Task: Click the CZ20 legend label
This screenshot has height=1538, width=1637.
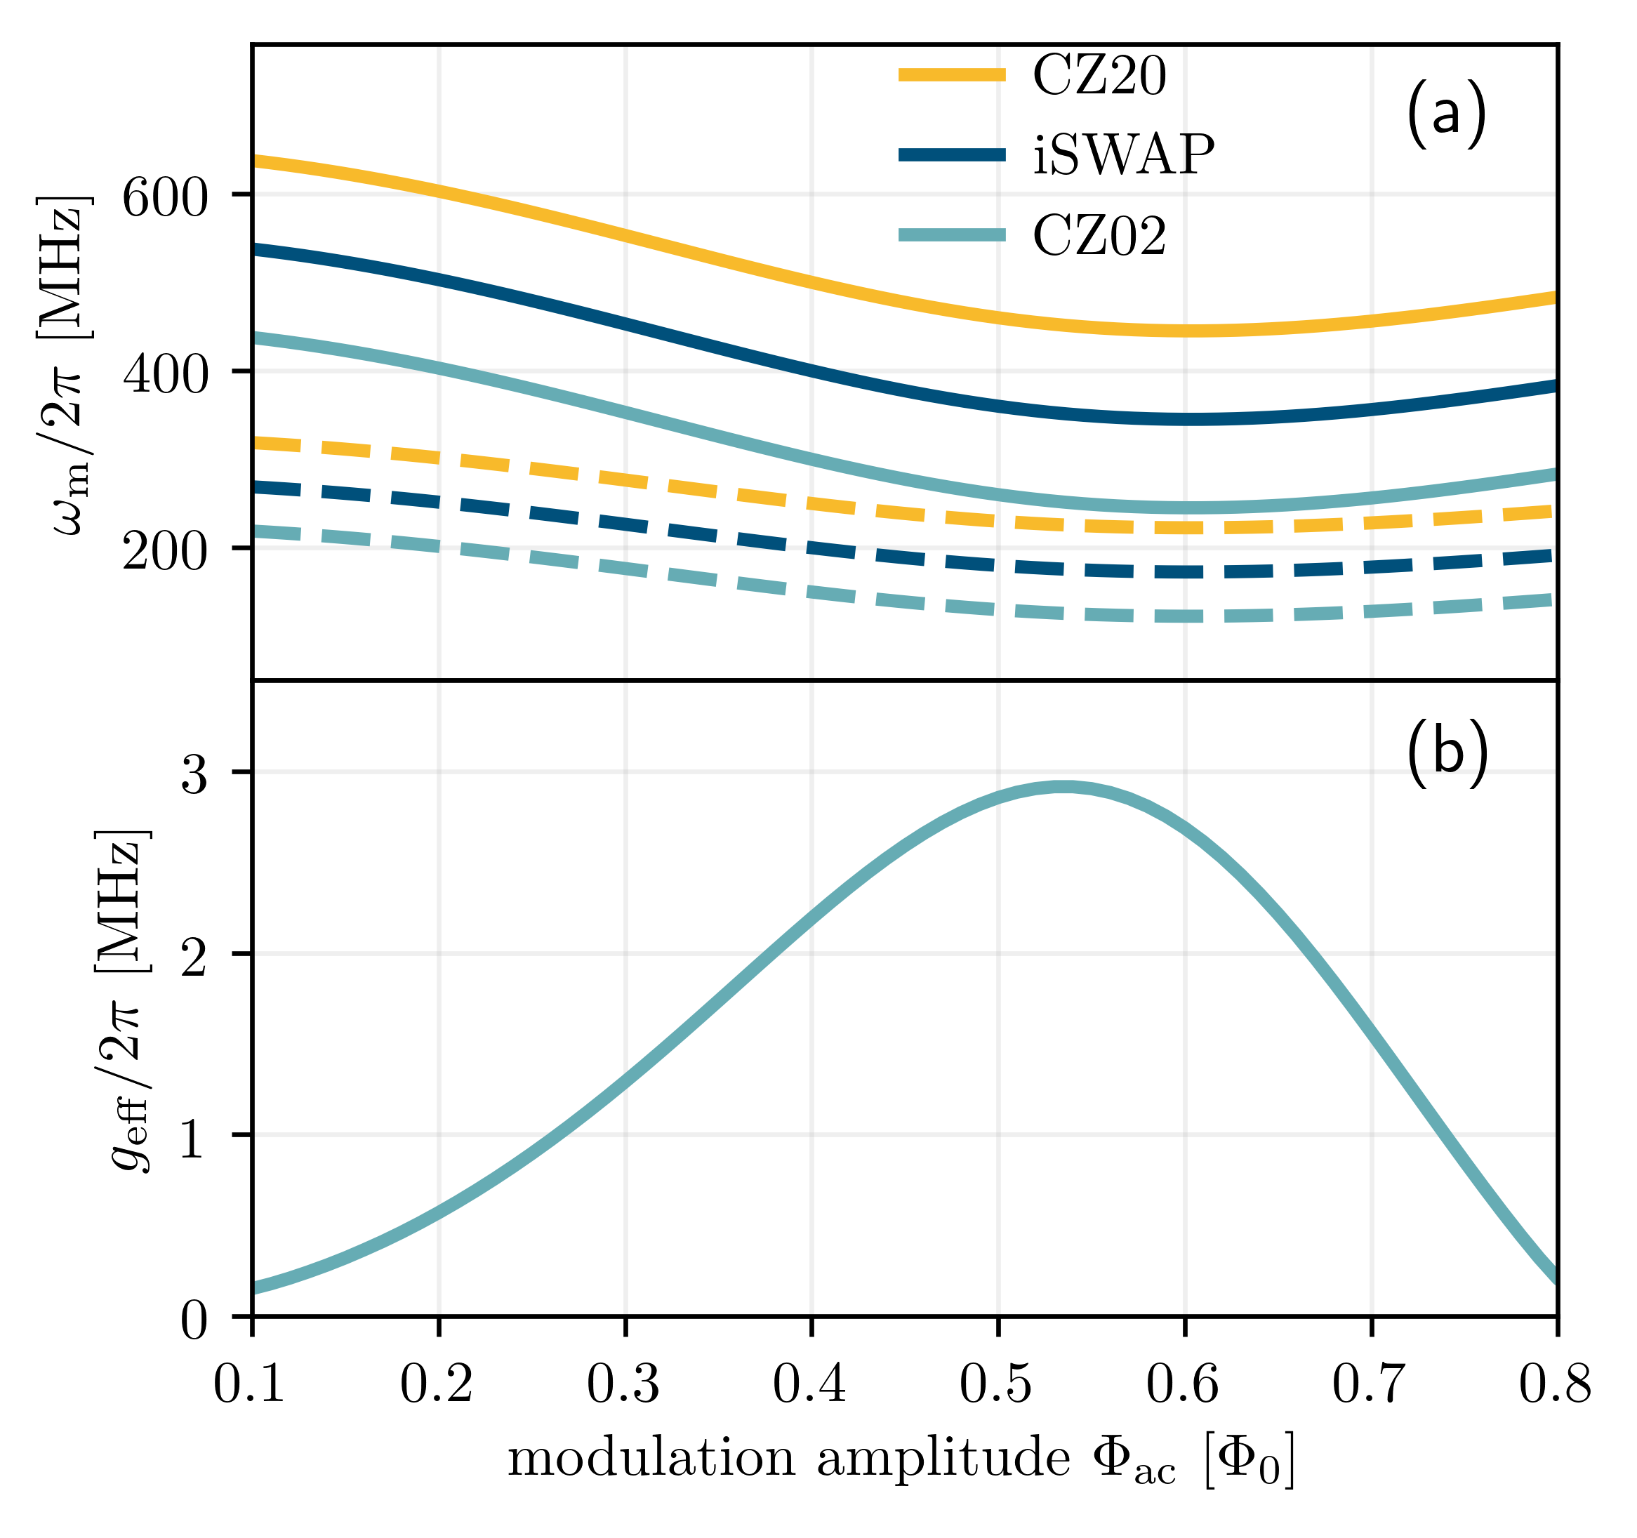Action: (1099, 77)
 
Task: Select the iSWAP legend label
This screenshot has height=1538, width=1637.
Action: (1123, 155)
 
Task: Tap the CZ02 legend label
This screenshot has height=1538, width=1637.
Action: (1099, 237)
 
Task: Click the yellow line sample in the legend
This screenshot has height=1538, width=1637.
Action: (951, 75)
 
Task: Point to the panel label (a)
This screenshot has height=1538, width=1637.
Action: (1446, 116)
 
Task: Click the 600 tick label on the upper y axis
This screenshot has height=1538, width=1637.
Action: (166, 197)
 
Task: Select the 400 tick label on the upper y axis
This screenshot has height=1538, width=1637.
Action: (166, 375)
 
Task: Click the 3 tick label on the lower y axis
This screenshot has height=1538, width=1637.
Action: (194, 775)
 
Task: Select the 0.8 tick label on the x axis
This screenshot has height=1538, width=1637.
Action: (1555, 1384)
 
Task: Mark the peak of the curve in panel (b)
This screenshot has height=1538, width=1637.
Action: (1065, 787)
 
